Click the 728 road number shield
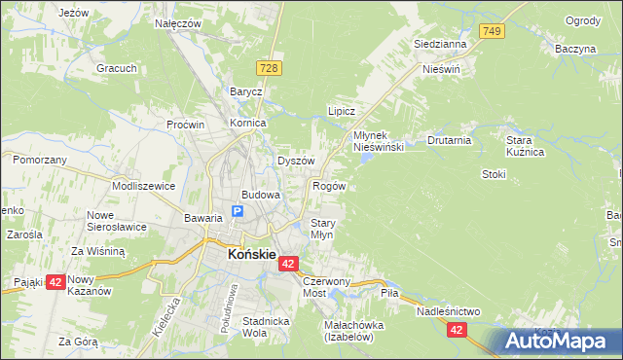tap(270, 66)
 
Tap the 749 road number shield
tap(492, 32)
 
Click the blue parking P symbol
tap(237, 211)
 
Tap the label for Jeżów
tap(74, 13)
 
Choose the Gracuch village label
tap(115, 68)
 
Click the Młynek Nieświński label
tap(377, 140)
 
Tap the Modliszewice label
tap(143, 185)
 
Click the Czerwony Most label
tap(326, 286)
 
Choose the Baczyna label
tap(575, 48)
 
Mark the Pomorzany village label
tap(40, 159)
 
